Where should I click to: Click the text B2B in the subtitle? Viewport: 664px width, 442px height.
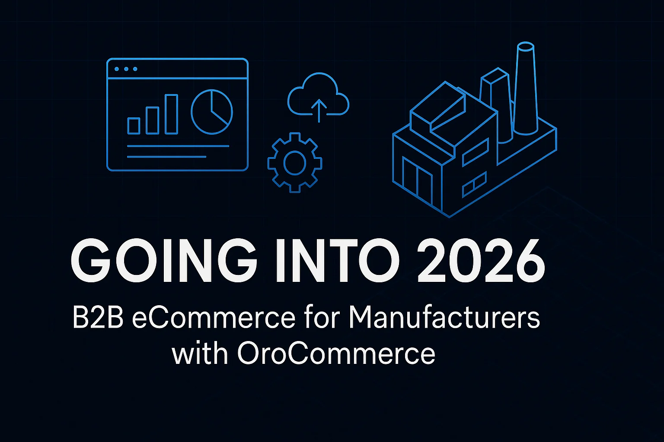coord(98,319)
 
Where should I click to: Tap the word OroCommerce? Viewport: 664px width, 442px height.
coord(335,354)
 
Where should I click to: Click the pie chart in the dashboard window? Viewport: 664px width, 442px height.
coord(212,111)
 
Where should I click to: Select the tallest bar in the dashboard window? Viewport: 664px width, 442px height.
coord(172,114)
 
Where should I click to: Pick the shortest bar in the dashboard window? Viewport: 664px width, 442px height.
coord(134,126)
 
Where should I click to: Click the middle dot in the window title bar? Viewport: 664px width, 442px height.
coord(125,69)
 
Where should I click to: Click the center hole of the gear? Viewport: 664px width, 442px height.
coord(295,163)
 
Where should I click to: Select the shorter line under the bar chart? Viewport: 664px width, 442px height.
coord(166,157)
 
